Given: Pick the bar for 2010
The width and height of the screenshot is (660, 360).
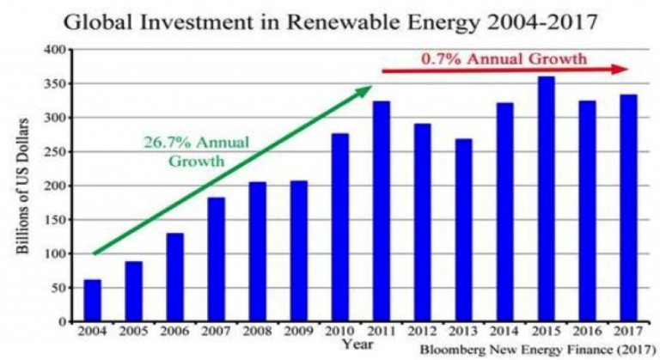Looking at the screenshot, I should [339, 228].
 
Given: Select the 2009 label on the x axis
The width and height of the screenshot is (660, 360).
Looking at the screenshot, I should [298, 331].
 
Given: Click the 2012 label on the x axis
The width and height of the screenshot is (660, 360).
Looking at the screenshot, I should [422, 331].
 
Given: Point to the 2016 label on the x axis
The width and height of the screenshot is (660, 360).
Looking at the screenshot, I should [587, 331].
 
